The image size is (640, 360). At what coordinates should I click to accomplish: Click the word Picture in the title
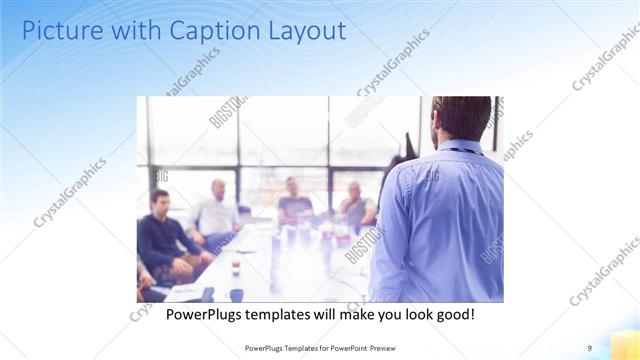click(x=60, y=31)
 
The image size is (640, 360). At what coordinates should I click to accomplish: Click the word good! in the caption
click(x=453, y=314)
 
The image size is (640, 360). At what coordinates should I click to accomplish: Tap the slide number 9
click(x=590, y=347)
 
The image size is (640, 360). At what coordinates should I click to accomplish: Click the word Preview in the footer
click(x=393, y=347)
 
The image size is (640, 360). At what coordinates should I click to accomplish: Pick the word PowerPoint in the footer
click(x=349, y=347)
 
